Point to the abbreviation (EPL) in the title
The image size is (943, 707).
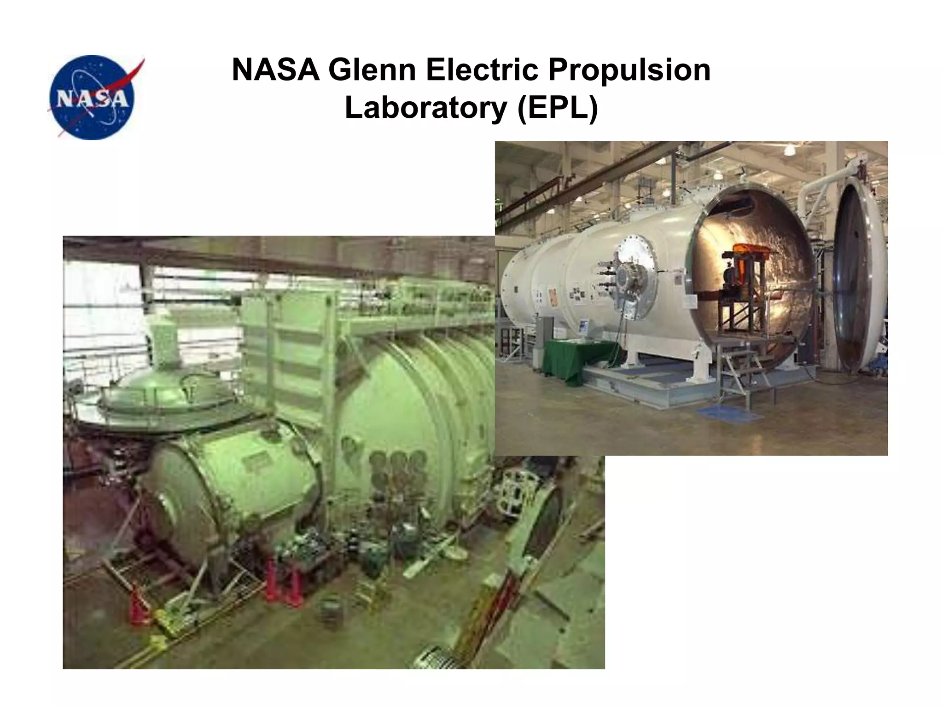pyautogui.click(x=557, y=108)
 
